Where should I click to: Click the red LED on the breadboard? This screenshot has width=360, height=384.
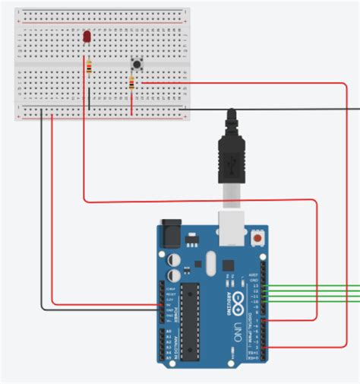tap(87, 37)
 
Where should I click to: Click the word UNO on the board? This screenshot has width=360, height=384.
tap(238, 332)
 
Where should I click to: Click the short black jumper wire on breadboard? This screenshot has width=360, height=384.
tap(89, 99)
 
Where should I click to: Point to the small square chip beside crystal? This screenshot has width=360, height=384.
tap(228, 264)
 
